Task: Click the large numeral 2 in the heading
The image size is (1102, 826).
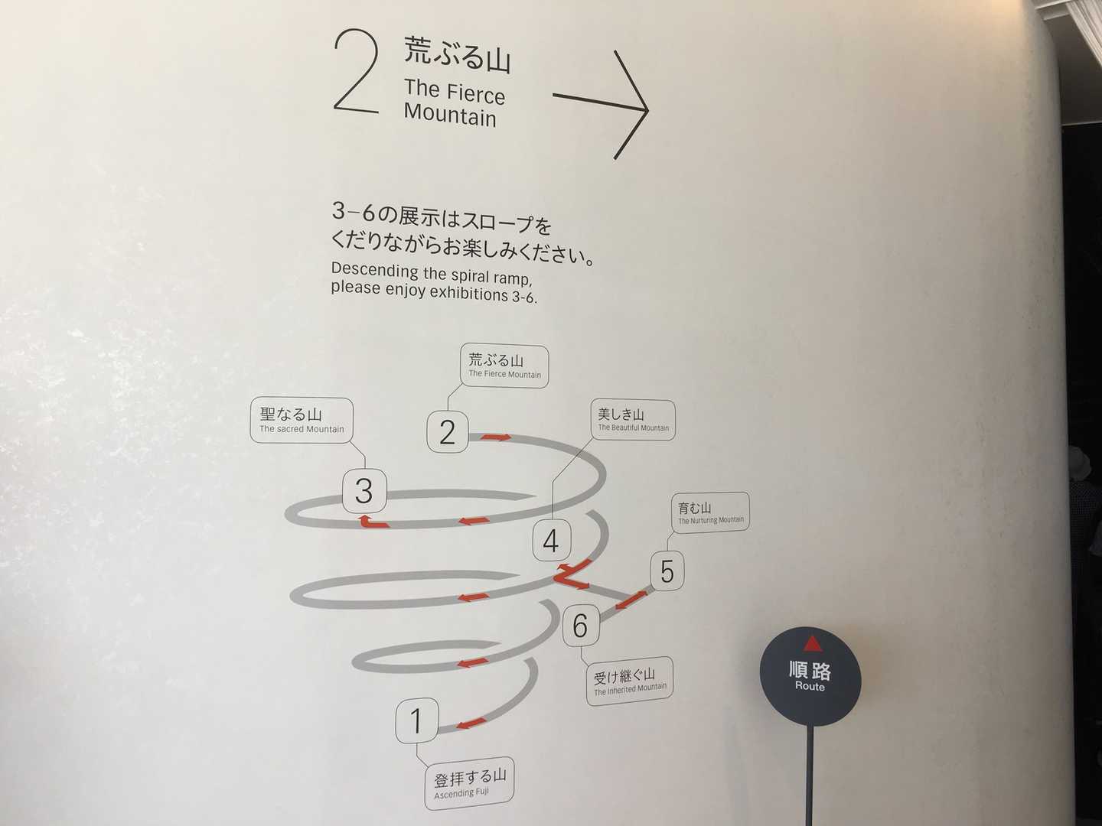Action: (357, 70)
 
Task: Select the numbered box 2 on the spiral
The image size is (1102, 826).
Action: (448, 431)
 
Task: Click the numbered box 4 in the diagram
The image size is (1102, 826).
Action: (551, 540)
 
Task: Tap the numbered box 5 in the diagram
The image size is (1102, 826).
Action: (667, 571)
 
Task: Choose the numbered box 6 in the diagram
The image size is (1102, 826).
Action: (581, 625)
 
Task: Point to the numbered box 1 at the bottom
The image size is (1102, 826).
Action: (417, 720)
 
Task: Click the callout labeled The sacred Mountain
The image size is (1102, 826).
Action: (302, 421)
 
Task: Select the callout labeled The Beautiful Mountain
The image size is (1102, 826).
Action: (633, 420)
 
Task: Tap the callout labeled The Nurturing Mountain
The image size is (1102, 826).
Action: (710, 512)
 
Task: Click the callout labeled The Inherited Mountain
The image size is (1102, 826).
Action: (630, 681)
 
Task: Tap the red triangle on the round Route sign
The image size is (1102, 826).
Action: (812, 643)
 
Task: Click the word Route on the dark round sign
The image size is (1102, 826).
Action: (810, 686)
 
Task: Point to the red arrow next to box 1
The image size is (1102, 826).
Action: (470, 724)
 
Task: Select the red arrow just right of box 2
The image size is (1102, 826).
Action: (496, 437)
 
